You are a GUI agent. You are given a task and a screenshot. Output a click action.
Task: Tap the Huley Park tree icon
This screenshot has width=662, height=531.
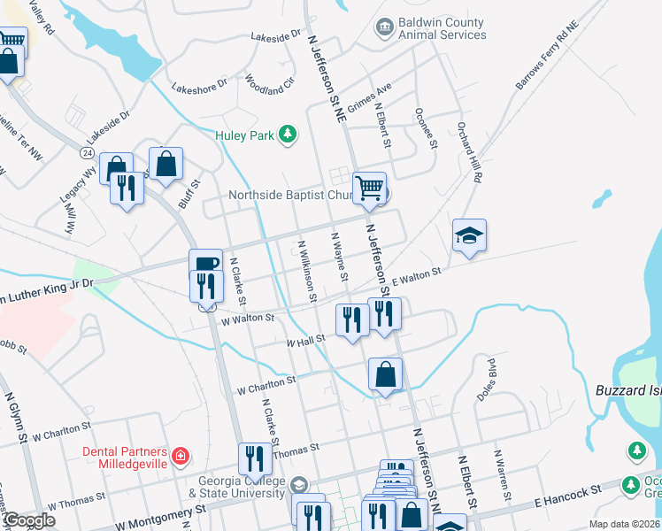click(287, 135)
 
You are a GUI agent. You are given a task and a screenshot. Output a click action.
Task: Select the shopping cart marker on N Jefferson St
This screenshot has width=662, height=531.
click(369, 188)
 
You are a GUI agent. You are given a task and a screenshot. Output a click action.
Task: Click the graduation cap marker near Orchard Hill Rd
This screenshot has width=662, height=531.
click(469, 235)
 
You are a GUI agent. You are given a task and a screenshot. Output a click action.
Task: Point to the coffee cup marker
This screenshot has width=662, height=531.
click(205, 263)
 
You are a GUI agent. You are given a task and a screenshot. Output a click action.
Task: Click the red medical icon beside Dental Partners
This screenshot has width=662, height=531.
click(181, 456)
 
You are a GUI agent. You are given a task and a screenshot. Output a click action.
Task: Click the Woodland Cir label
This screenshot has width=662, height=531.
click(269, 85)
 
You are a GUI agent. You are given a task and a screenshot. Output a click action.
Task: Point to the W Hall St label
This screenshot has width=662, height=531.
click(306, 340)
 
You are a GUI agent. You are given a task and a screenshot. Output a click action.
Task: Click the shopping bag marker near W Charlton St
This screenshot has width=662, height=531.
click(385, 374)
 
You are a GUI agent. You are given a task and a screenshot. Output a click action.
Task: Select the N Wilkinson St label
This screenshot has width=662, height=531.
click(307, 272)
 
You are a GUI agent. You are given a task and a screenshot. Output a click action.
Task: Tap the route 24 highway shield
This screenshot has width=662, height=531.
click(86, 153)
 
